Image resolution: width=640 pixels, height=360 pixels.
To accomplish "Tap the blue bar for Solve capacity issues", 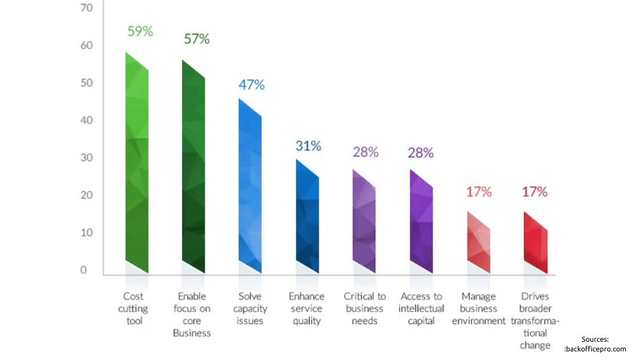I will point(250,186).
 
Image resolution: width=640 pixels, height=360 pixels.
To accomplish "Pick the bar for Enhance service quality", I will point(307,217).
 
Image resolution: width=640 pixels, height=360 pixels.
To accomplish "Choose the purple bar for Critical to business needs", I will point(364,223).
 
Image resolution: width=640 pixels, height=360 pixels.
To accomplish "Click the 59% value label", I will point(140,31).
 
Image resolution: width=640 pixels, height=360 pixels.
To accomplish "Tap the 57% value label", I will point(197,39).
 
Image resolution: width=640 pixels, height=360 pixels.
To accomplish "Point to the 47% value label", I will point(251,85).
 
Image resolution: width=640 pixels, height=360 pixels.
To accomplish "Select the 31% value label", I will point(309,146).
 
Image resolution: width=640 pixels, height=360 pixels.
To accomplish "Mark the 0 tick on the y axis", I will point(83,270).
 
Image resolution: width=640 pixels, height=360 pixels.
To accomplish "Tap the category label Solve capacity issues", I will point(250,309).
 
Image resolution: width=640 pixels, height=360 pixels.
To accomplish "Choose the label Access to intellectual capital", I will point(422,309).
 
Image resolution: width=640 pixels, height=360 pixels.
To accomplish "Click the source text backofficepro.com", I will point(595,349).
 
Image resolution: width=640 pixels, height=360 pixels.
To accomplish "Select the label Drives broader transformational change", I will point(535,321).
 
